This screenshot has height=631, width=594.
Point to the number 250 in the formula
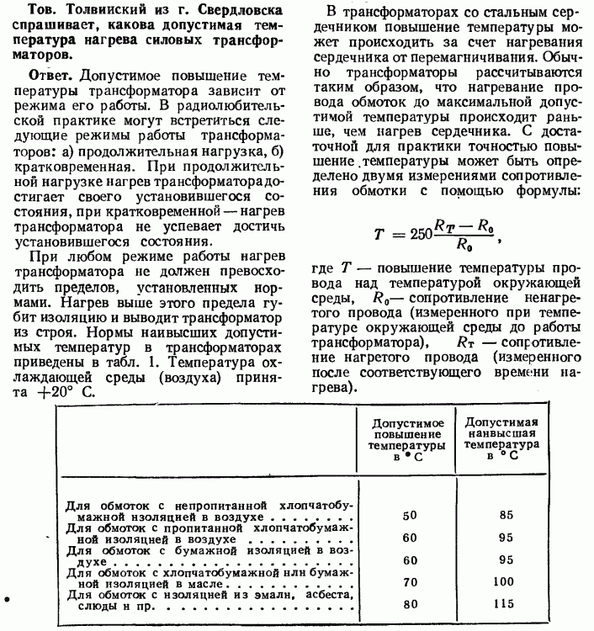tap(399, 235)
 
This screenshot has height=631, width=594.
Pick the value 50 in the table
tap(411, 514)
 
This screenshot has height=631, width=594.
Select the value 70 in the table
tap(411, 581)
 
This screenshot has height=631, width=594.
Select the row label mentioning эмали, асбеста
tap(206, 597)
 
